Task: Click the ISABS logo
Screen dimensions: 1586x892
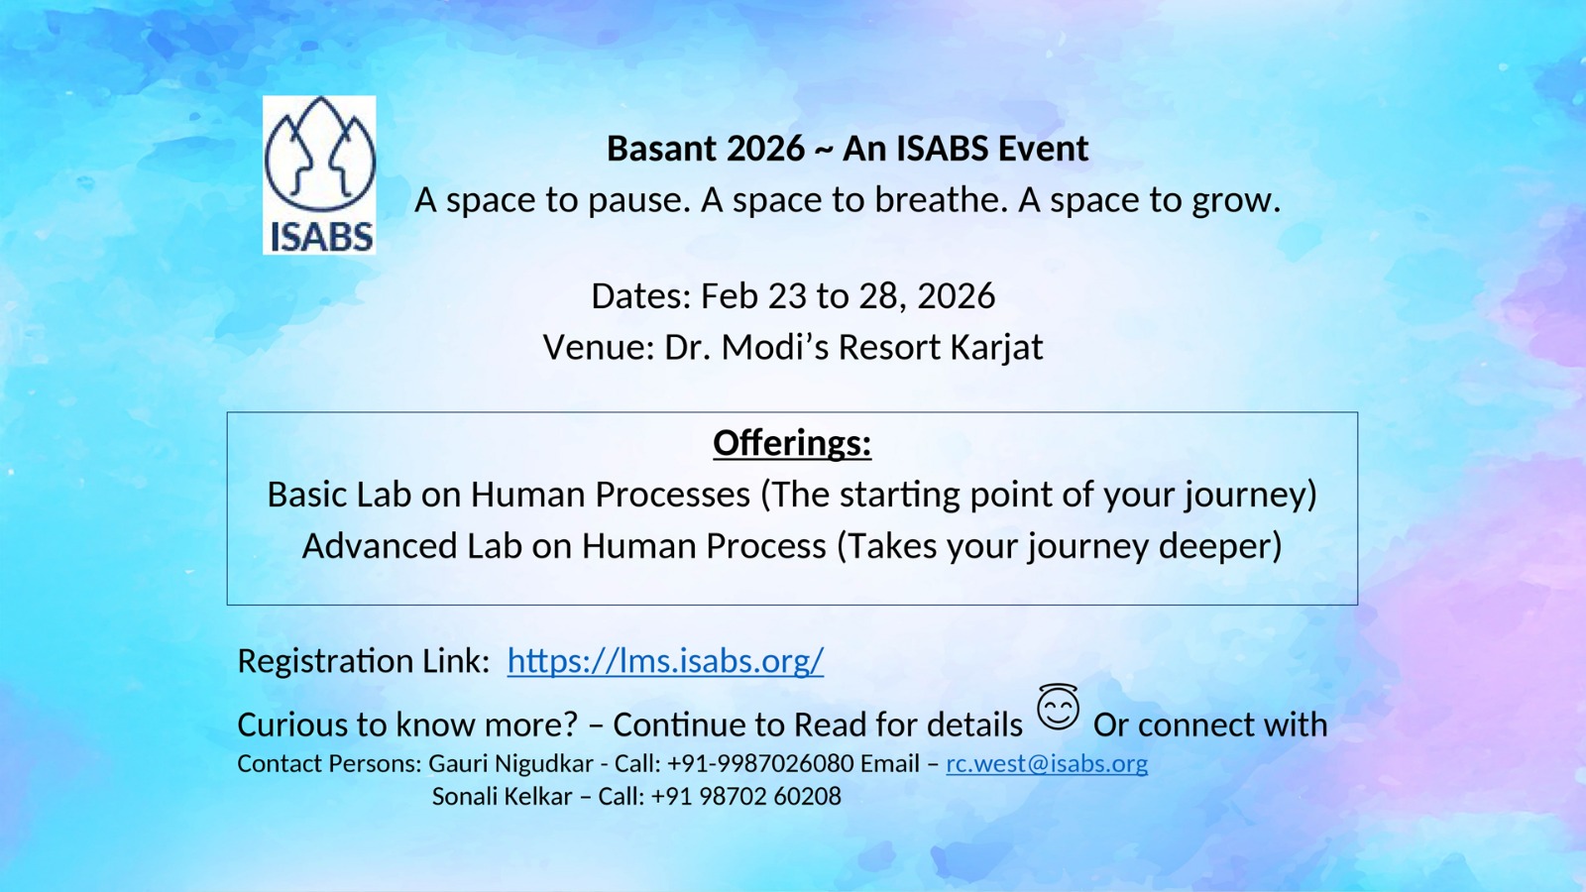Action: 319,174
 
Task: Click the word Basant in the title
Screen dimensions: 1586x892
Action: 661,149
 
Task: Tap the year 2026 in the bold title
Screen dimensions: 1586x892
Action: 765,149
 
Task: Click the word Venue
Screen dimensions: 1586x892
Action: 599,348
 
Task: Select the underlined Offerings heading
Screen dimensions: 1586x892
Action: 792,443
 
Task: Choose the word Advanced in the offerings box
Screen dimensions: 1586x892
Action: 380,546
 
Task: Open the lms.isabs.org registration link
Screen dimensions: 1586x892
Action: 665,661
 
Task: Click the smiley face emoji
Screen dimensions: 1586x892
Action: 1058,708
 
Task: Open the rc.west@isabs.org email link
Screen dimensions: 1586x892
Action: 1047,764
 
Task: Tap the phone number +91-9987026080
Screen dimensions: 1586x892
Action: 760,764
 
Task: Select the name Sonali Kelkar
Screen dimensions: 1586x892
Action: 502,797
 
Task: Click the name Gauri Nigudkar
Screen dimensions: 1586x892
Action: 511,764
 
